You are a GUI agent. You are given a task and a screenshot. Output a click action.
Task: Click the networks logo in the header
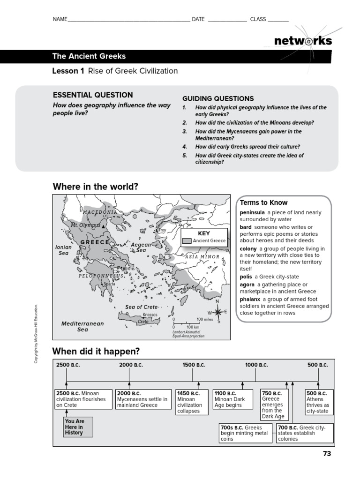[303, 41]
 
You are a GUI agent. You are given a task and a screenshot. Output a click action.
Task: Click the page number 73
[327, 453]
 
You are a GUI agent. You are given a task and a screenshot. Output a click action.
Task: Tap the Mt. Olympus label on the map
[85, 225]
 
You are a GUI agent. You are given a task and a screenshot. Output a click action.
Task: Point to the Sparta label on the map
[109, 284]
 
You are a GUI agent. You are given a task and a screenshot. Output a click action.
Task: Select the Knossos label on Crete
[150, 315]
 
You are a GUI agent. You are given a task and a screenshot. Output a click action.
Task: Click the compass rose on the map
[217, 312]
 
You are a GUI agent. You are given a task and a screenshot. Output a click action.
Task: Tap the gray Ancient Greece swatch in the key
[187, 240]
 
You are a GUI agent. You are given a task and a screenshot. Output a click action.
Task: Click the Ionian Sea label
[64, 250]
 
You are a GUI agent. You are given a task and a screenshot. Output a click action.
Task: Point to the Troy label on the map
[162, 230]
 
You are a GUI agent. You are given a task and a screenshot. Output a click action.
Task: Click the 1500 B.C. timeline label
[194, 365]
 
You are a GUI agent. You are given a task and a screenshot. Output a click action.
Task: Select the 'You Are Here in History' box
[78, 427]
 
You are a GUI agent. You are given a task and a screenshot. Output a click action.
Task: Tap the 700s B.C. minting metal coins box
[245, 433]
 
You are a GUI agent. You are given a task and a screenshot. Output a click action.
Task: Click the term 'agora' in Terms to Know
[247, 285]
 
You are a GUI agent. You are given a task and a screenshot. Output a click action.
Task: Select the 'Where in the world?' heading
[95, 187]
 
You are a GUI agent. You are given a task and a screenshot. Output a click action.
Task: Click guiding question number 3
[253, 135]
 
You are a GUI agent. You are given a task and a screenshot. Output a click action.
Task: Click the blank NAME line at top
[129, 20]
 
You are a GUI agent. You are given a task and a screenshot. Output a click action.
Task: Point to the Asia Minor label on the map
[202, 257]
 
